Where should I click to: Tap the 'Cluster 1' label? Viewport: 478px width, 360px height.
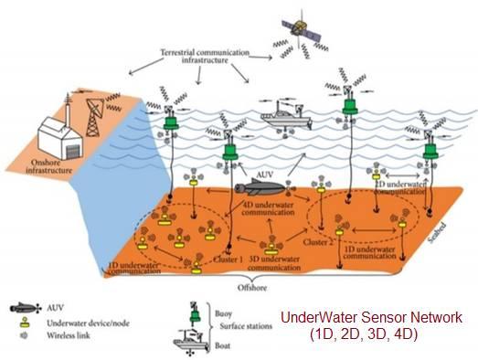tap(229, 259)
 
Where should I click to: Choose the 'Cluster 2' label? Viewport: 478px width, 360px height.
tap(317, 242)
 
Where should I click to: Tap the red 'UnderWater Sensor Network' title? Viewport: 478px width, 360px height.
tap(370, 318)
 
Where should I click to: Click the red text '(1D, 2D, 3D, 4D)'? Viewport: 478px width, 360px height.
tap(364, 334)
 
